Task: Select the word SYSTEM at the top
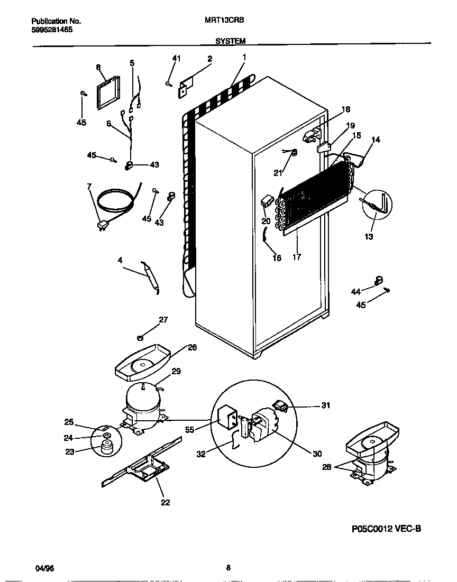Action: (230, 40)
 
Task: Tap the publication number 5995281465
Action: (52, 30)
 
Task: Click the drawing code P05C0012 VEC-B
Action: (386, 528)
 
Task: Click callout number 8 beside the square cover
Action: (98, 67)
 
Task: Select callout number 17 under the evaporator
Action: (297, 257)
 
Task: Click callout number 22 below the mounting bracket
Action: (165, 502)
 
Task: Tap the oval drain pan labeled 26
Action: (142, 365)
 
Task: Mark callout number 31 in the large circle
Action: (325, 405)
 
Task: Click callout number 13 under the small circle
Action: (369, 236)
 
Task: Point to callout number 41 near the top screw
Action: (177, 58)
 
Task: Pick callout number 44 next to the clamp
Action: (355, 291)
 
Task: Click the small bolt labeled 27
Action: (141, 336)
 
